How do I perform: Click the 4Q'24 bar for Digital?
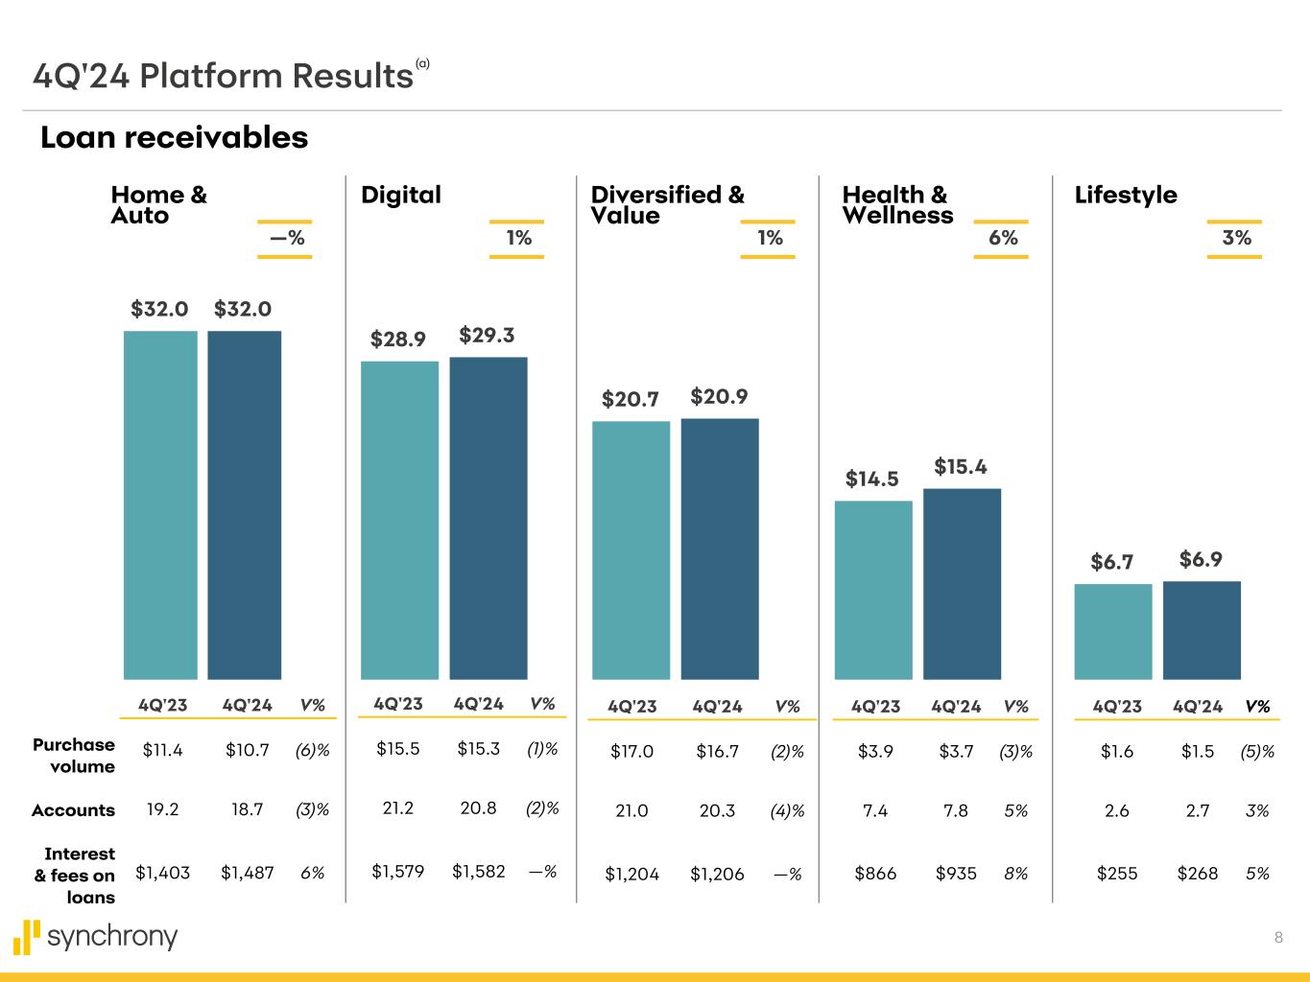488,518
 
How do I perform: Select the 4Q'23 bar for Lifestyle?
1112,631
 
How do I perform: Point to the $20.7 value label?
630,399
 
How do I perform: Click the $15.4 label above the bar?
961,467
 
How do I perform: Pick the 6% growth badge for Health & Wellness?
1003,238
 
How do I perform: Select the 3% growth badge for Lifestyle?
1236,238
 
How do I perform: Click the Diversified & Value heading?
667,205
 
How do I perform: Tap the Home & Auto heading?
158,205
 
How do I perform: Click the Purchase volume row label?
74,755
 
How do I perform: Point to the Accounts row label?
73,810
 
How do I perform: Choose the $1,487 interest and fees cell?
247,873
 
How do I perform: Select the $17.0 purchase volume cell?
631,752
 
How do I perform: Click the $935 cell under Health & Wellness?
956,874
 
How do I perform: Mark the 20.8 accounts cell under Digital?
478,808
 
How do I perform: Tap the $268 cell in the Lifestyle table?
1198,874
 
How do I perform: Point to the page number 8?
1278,938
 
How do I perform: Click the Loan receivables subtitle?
174,138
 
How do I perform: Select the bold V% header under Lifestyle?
1257,707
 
